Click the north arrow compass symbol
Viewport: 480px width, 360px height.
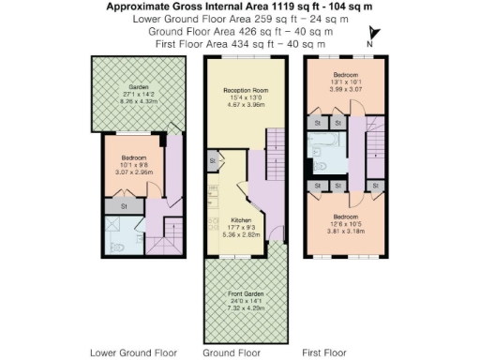tap(369, 37)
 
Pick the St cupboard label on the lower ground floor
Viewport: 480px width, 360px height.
tap(123, 205)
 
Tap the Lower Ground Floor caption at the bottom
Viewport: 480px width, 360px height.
tap(132, 352)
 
